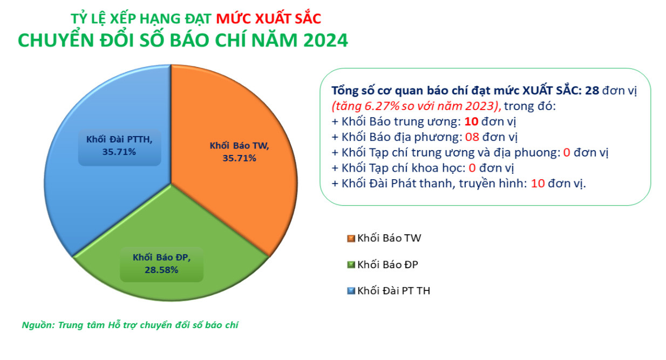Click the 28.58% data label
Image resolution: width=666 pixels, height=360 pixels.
(161, 270)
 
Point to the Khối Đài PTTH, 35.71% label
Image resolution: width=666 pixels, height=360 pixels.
(119, 146)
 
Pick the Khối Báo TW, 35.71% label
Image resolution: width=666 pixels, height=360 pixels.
(239, 152)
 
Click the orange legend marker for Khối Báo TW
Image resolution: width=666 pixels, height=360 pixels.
(351, 239)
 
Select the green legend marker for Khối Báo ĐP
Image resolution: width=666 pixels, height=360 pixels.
(351, 264)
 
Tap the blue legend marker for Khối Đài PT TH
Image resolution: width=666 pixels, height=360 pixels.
(351, 291)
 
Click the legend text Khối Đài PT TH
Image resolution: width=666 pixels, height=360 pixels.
(393, 291)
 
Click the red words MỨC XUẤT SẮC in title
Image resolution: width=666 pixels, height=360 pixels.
(268, 19)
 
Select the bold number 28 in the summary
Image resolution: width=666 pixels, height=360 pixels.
(592, 90)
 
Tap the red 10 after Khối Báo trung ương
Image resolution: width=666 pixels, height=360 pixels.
(471, 121)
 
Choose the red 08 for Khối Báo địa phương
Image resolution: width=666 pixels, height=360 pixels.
(472, 137)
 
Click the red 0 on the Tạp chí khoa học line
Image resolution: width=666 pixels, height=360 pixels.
(472, 168)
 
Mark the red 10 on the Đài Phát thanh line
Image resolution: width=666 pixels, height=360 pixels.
(538, 184)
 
